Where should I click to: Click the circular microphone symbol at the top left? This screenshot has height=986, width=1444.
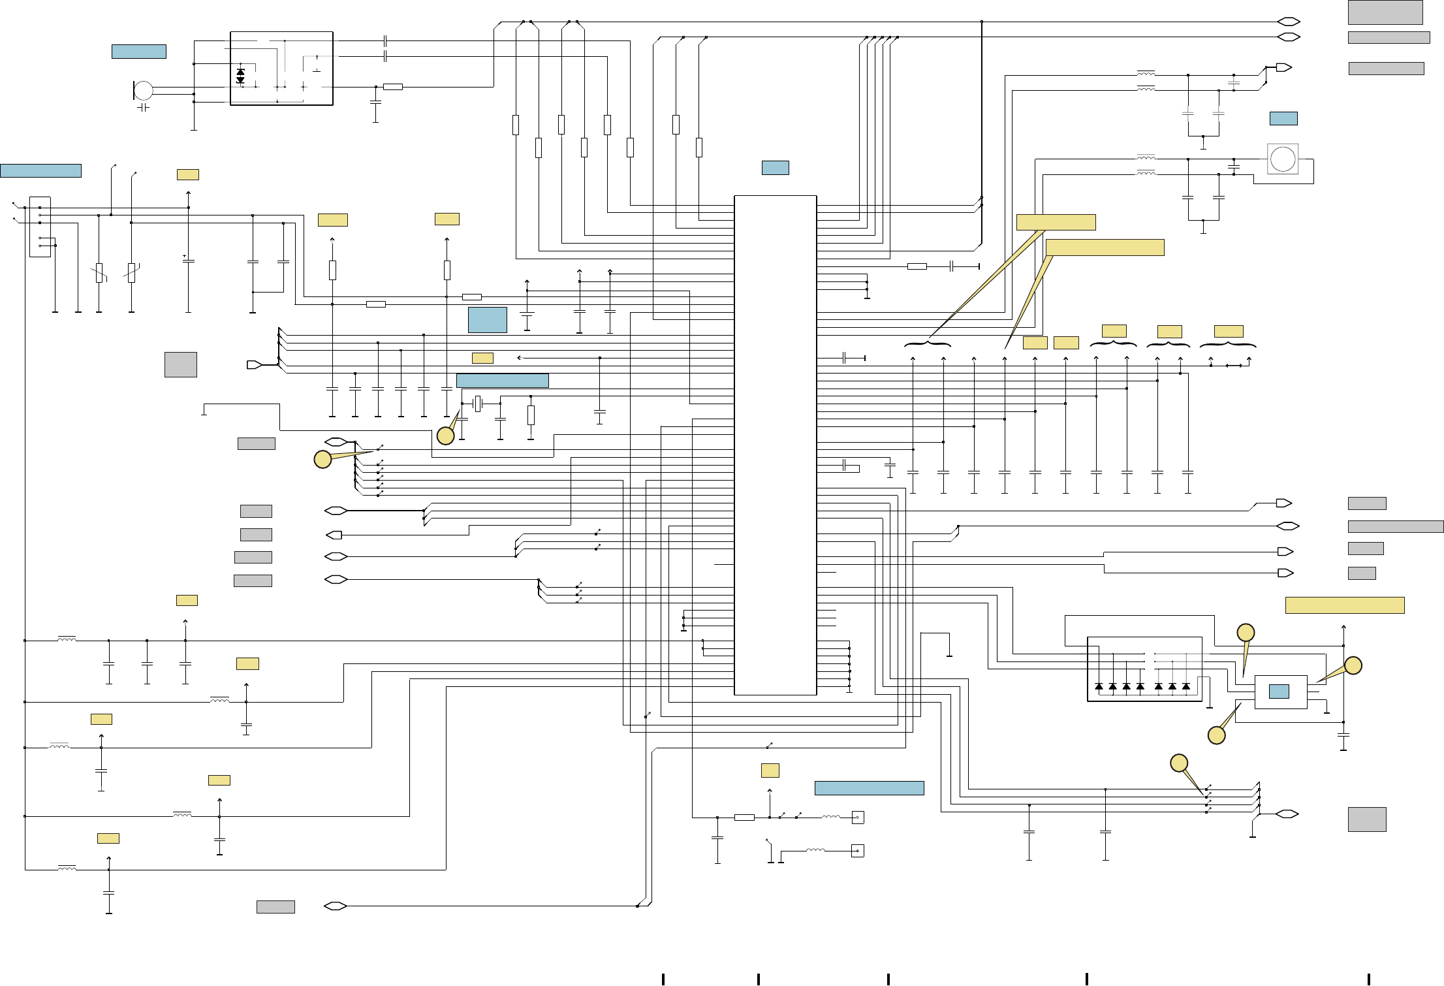[x=144, y=91]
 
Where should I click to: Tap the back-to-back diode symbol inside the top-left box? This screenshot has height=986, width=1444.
[x=240, y=76]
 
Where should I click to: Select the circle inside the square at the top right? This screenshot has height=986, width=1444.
[x=1283, y=159]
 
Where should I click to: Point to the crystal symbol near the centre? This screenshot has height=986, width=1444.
[x=478, y=404]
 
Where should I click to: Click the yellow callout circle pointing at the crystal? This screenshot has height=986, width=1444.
[x=445, y=436]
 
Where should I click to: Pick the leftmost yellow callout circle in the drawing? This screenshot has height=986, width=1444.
[x=322, y=459]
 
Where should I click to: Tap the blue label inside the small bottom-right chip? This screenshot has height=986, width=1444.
[x=1279, y=692]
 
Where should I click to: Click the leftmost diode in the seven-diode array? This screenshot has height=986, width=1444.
[x=1099, y=686]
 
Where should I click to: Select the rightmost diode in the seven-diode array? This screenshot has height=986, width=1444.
[x=1186, y=686]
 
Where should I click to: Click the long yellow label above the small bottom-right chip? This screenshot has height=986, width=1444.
[x=1345, y=605]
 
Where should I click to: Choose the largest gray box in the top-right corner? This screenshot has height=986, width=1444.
[x=1385, y=12]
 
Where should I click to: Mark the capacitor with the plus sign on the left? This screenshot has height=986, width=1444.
[x=188, y=261]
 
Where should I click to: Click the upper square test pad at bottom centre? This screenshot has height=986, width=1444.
[x=858, y=818]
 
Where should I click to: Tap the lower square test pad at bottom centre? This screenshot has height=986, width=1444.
[x=858, y=851]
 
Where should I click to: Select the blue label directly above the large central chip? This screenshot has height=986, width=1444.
[x=776, y=168]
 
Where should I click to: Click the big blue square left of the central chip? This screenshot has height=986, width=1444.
[x=488, y=320]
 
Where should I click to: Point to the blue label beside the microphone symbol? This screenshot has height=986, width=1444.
[x=139, y=52]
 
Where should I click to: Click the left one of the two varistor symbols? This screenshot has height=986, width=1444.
[x=99, y=273]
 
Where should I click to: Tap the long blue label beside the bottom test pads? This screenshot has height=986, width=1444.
[x=869, y=788]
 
